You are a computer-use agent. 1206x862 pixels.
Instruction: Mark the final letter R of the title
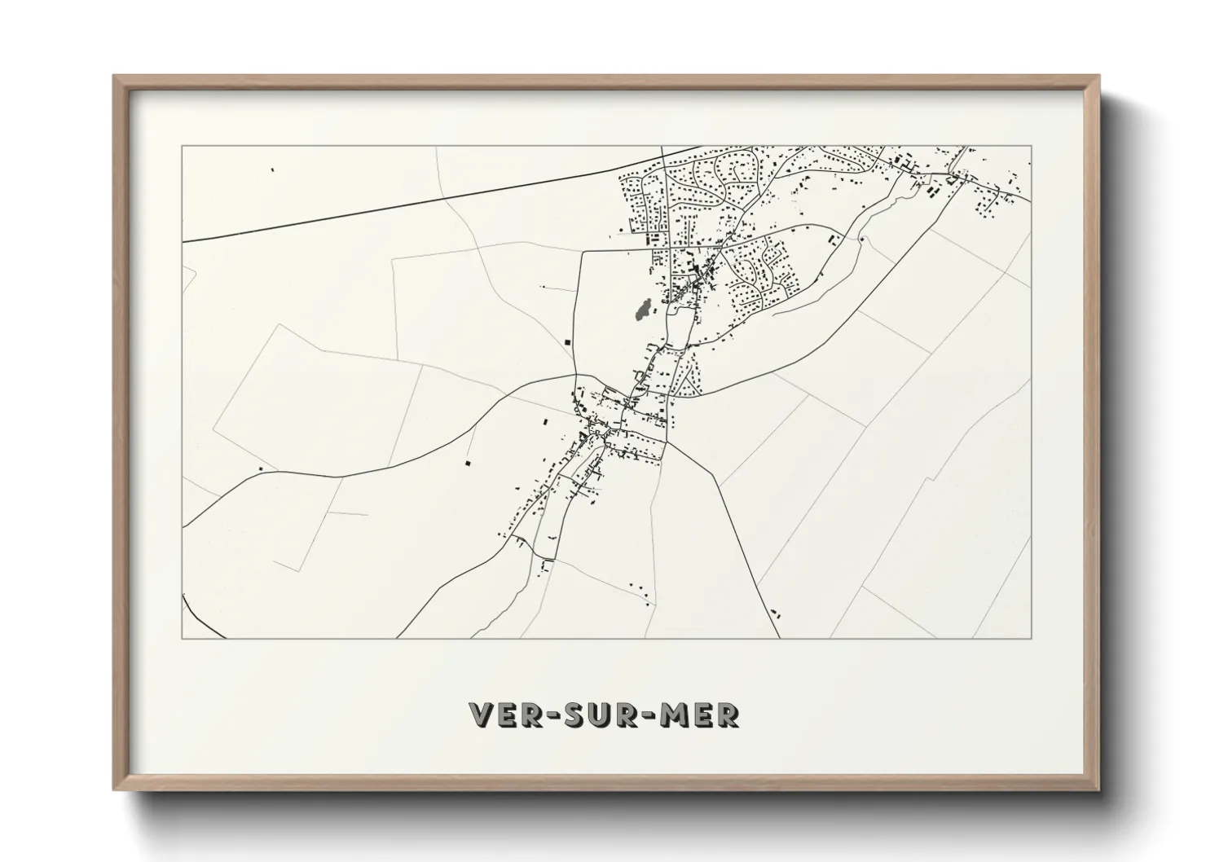click(728, 715)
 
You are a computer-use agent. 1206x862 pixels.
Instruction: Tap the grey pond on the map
click(642, 310)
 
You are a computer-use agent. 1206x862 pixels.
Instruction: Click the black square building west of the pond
click(567, 341)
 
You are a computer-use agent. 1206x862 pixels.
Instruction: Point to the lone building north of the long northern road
click(272, 170)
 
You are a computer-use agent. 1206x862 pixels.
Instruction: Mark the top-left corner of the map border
click(182, 146)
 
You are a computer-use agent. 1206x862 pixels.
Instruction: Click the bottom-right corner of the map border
click(1032, 638)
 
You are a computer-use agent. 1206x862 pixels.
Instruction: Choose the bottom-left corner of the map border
click(182, 638)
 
